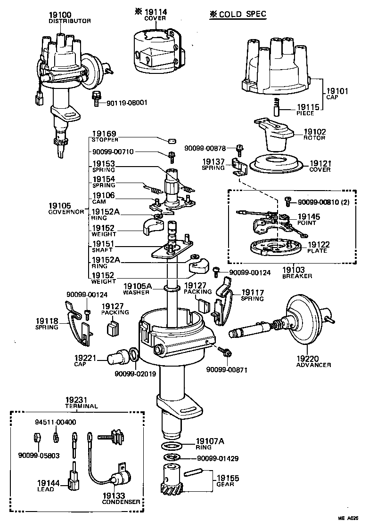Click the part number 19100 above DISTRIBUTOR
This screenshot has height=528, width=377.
[x=60, y=15]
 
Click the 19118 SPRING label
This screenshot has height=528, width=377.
[x=46, y=324]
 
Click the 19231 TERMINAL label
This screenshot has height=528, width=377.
[x=81, y=402]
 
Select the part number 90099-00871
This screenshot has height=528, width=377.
[x=226, y=370]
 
